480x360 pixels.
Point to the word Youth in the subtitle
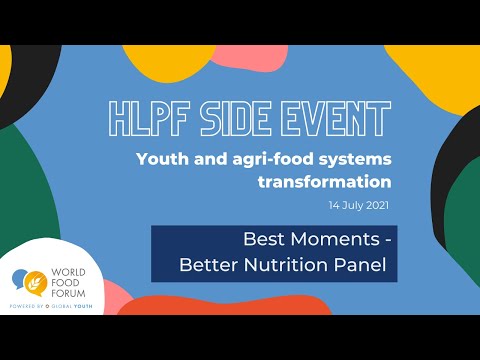(x=161, y=160)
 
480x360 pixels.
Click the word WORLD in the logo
(x=77, y=269)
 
